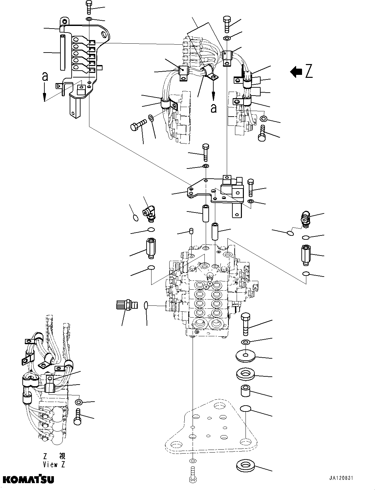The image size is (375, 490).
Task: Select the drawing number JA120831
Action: point(340,478)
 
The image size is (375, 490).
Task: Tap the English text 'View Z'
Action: point(54,464)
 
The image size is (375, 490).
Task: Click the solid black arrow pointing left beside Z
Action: point(296,72)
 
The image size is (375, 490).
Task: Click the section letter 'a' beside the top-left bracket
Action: point(45,77)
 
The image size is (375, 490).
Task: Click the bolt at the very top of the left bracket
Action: point(89,7)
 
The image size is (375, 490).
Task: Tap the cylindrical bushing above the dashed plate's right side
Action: point(246,392)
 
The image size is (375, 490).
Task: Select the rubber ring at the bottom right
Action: point(246,466)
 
